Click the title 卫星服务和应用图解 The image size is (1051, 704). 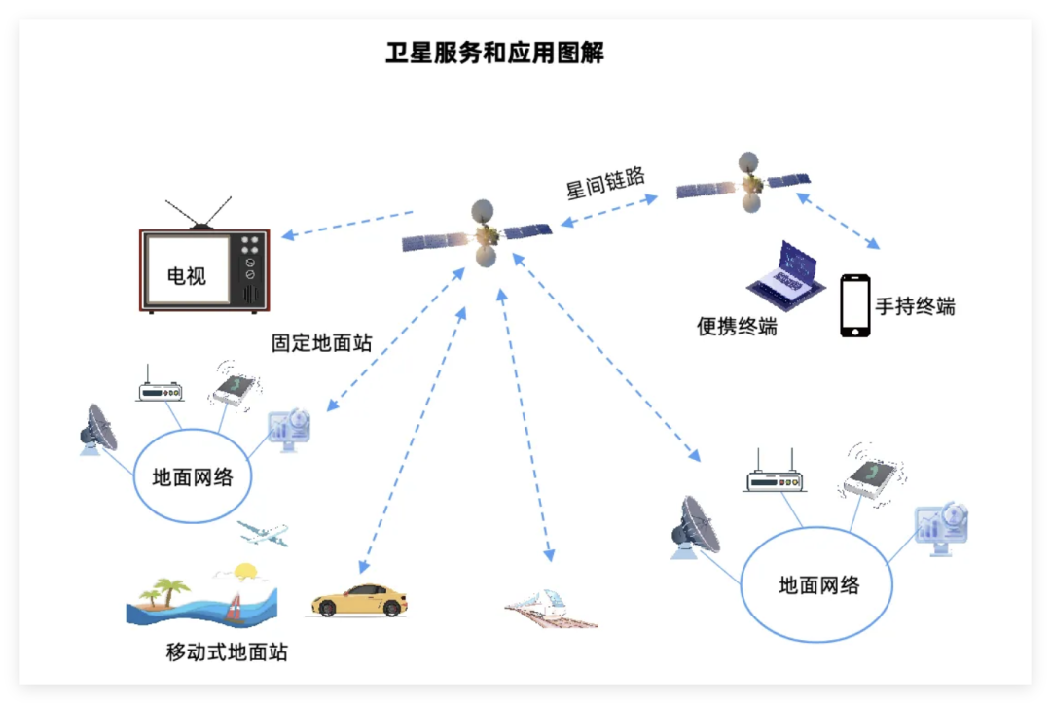[x=494, y=53]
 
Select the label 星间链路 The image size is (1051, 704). [x=605, y=183]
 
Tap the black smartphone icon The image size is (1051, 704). [x=855, y=305]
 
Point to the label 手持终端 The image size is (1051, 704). [x=915, y=306]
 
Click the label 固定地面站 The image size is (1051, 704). [x=321, y=343]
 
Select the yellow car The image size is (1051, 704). [x=358, y=600]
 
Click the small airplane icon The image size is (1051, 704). [x=264, y=533]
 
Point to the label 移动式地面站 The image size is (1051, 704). [x=227, y=651]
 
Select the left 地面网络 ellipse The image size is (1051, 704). [x=193, y=477]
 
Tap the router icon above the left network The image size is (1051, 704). [x=159, y=388]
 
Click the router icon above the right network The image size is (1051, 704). [x=774, y=475]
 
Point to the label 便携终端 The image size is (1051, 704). [x=737, y=327]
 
